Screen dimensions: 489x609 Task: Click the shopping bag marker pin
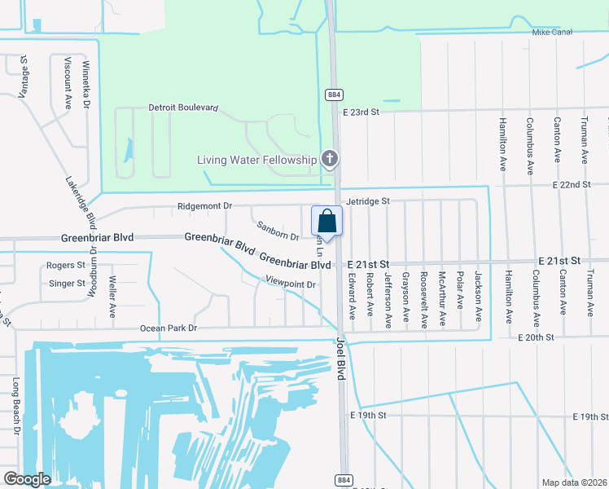click(326, 221)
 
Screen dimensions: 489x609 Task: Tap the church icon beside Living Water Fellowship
click(330, 159)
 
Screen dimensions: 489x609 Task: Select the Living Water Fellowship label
click(256, 160)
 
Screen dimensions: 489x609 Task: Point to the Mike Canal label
click(552, 32)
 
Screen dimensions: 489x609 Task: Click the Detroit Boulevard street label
click(183, 108)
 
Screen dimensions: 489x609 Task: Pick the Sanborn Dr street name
click(278, 231)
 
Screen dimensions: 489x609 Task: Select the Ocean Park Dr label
click(169, 328)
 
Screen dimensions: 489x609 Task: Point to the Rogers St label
click(66, 266)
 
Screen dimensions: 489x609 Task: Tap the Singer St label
click(67, 284)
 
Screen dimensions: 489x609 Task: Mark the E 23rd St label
click(361, 112)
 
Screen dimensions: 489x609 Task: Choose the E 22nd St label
click(570, 185)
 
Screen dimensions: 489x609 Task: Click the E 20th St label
click(536, 337)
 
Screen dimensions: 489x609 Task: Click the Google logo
click(28, 479)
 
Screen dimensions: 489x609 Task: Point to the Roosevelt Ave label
click(424, 300)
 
